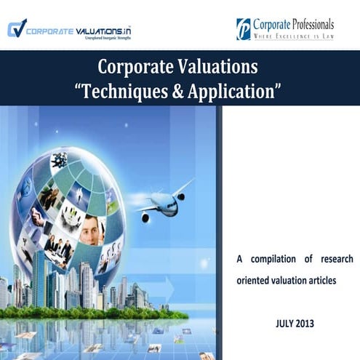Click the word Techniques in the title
tap(123, 91)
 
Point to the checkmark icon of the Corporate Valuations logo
tap(16, 28)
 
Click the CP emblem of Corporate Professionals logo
tap(243, 29)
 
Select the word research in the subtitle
tap(335, 260)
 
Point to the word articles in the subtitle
tap(321, 280)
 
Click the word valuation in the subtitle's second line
tap(287, 280)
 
